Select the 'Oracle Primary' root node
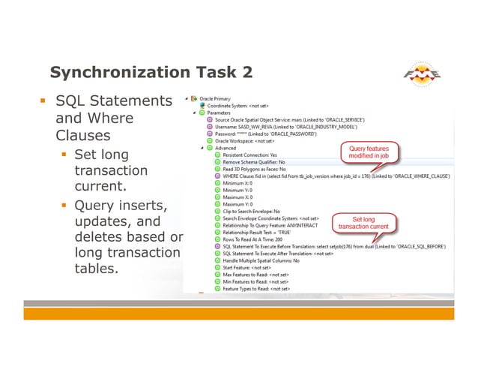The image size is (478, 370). click(x=220, y=98)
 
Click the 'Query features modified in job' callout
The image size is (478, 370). click(x=368, y=153)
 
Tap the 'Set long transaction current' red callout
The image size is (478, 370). click(x=363, y=222)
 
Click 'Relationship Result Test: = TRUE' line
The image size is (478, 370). click(x=255, y=232)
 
